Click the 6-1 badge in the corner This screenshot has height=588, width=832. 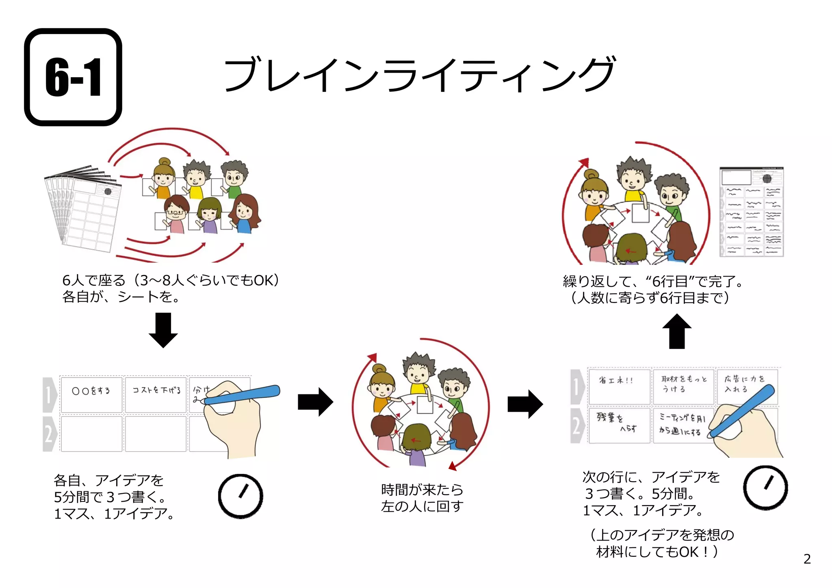coord(73,77)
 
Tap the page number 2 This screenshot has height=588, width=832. coord(807,559)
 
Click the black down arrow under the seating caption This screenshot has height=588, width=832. coord(163,330)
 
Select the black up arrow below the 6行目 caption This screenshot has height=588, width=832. coord(677,331)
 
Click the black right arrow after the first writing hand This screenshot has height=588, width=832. coord(315,402)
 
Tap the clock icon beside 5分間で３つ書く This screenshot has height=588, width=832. coord(240,496)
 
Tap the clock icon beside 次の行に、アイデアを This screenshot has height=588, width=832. coord(765,488)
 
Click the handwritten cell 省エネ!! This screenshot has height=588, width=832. coord(619,386)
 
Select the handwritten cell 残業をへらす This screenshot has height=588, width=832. coord(619,425)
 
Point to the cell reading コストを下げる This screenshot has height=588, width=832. coord(156,394)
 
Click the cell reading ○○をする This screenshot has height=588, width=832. coord(91,394)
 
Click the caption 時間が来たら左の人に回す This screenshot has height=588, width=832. coord(422,498)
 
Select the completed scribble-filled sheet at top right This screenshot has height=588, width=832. coord(752,212)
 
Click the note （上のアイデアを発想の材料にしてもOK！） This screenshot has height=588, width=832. coord(661,543)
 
